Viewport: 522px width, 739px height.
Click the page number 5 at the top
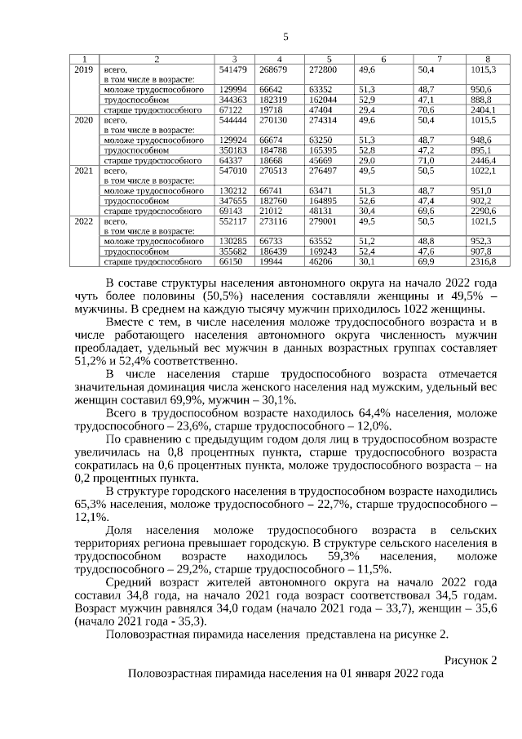(x=285, y=37)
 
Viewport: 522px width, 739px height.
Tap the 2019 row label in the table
(x=83, y=71)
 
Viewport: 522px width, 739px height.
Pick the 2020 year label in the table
(x=83, y=120)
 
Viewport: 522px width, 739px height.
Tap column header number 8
(x=488, y=60)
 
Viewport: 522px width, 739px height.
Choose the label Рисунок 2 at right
(x=471, y=660)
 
